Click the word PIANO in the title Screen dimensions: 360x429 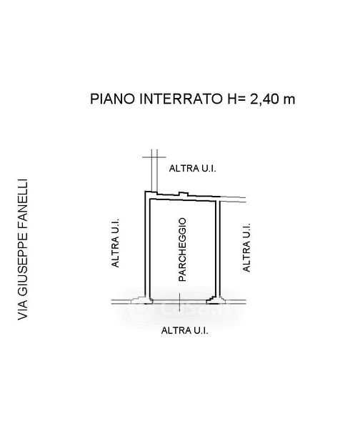[x=112, y=99]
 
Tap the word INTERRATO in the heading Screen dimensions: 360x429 [x=181, y=99]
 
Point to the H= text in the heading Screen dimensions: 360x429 [x=236, y=99]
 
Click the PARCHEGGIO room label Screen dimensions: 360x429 [x=182, y=250]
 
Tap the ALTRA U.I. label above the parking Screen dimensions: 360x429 [x=192, y=168]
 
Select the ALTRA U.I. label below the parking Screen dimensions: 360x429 [x=185, y=330]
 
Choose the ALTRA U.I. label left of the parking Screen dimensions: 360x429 [x=115, y=242]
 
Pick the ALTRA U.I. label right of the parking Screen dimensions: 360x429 [x=246, y=247]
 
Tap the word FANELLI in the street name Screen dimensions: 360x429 [x=23, y=203]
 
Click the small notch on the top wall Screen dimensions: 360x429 [x=184, y=194]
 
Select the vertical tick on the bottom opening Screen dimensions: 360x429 [x=179, y=302]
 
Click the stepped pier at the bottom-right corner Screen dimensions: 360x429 [x=216, y=300]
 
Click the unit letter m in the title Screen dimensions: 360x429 [x=289, y=100]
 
